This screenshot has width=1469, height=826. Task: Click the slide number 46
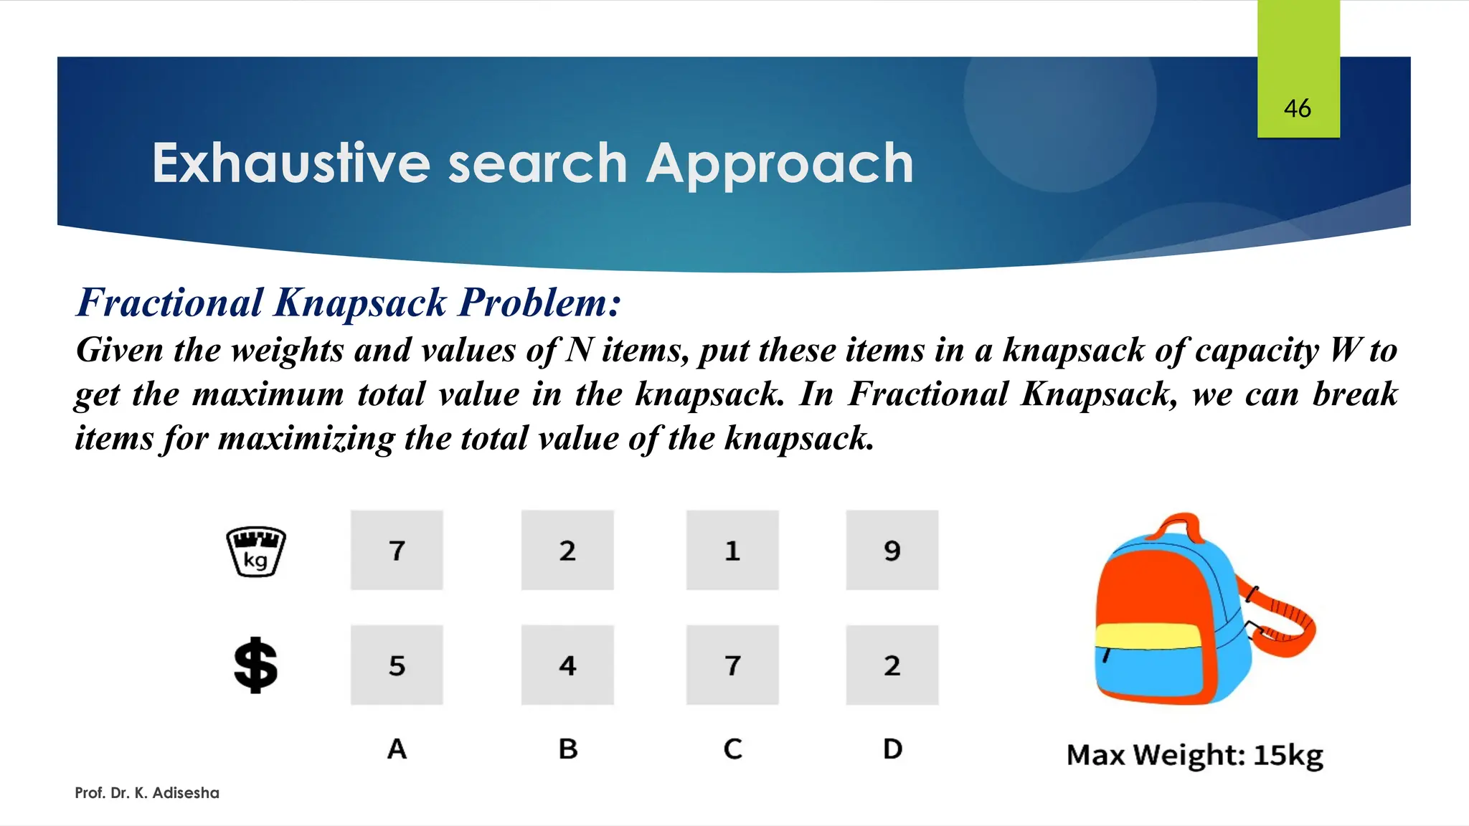(x=1297, y=108)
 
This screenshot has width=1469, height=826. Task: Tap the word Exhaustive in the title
(x=291, y=163)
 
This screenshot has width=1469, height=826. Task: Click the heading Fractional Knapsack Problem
(x=349, y=303)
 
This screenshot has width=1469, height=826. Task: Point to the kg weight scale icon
(x=256, y=551)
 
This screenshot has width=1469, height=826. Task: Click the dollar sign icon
(x=256, y=665)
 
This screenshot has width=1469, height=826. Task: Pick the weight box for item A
(x=397, y=551)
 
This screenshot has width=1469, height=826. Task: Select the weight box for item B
(x=567, y=551)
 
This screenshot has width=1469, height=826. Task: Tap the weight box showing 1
(x=732, y=551)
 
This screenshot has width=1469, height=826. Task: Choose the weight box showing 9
(x=892, y=551)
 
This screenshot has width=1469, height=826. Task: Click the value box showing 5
(x=397, y=665)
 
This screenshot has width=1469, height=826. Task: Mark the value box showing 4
(x=567, y=665)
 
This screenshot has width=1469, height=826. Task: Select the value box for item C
(x=732, y=665)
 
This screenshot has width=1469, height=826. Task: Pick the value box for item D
(x=892, y=665)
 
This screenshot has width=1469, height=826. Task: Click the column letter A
(x=397, y=749)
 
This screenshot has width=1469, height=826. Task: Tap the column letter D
(x=892, y=749)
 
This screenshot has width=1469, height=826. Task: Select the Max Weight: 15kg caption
(x=1194, y=755)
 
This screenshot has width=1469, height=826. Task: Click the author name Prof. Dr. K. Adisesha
(x=147, y=793)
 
